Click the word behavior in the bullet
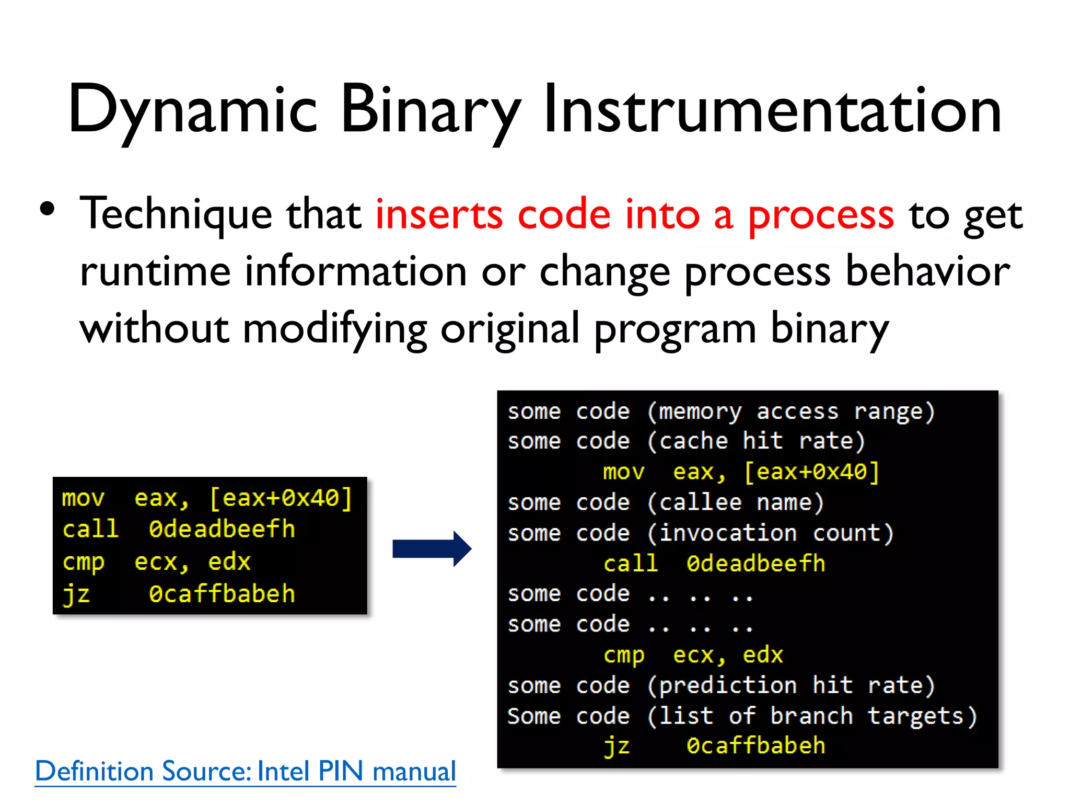(927, 272)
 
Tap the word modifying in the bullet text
(334, 329)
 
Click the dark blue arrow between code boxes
(432, 548)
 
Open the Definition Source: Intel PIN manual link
(245, 771)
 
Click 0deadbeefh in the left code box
(222, 529)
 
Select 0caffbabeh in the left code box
(222, 594)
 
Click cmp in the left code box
(83, 562)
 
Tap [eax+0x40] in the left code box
(281, 498)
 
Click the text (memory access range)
(790, 411)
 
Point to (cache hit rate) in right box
(756, 441)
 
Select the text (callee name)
(736, 502)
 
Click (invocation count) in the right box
(770, 533)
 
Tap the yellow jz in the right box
(617, 746)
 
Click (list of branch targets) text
(811, 716)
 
